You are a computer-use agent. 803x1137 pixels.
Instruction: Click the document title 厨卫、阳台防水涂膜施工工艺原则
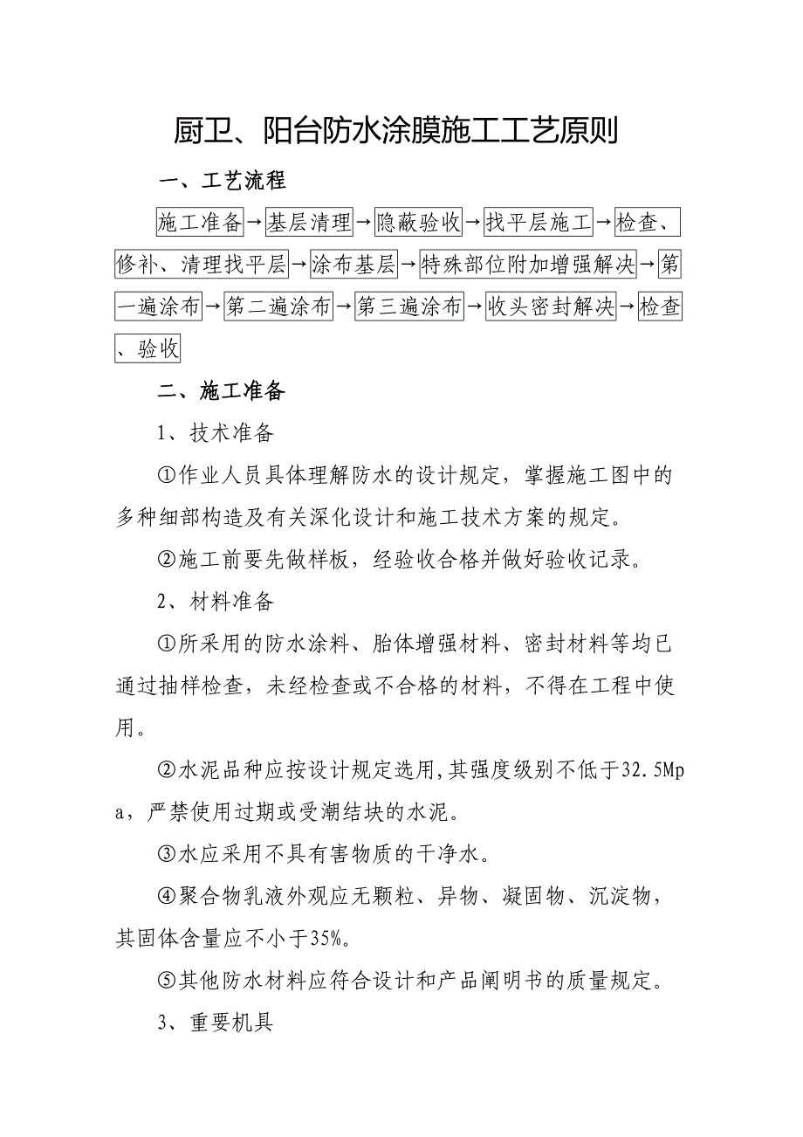pos(395,133)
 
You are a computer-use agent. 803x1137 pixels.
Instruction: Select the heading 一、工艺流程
pos(222,182)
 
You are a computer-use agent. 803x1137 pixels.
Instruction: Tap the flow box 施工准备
pos(200,223)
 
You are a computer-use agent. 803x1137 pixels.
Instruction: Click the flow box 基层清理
pos(309,223)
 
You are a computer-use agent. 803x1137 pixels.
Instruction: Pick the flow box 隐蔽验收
pos(418,223)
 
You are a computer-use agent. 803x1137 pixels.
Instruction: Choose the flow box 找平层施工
pos(539,223)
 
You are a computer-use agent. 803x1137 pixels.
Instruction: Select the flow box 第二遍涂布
pos(278,307)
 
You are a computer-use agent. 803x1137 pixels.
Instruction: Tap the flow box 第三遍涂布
pos(409,307)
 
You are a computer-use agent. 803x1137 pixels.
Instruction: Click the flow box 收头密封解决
pos(551,307)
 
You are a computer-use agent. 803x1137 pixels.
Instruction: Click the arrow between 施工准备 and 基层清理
pos(255,224)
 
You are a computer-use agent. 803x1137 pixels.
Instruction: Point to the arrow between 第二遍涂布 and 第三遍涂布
pos(344,307)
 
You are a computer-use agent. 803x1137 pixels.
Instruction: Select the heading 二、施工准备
pos(222,392)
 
